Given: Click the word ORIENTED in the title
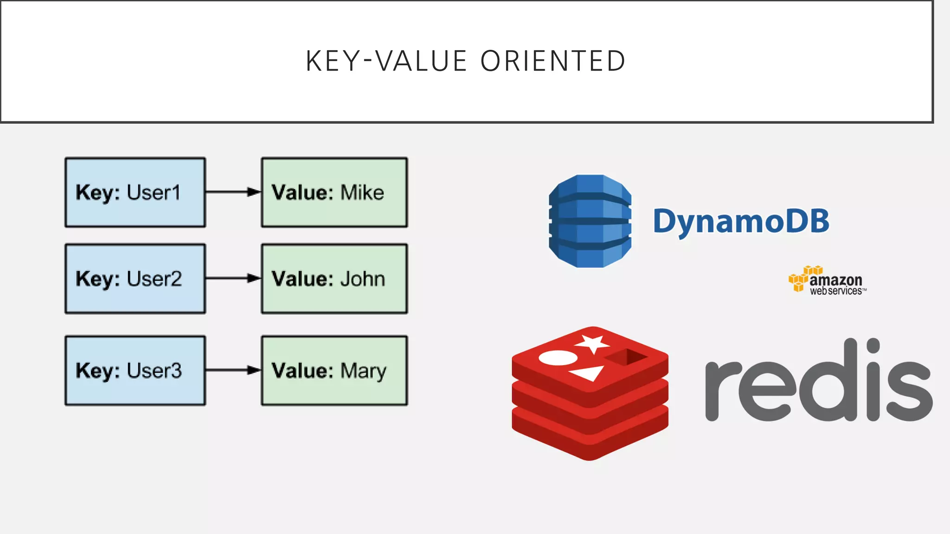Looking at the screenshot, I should (553, 61).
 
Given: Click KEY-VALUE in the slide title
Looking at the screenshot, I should (386, 61).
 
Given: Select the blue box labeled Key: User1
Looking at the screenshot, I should (135, 192).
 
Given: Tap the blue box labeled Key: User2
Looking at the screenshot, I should (135, 279).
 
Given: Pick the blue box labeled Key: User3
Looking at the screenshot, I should (135, 370).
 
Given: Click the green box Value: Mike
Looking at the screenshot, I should (334, 192).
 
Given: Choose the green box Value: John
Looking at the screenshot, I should (334, 279).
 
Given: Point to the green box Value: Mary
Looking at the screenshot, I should (334, 370).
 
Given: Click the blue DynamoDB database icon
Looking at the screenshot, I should (590, 221).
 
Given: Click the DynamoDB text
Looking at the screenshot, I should (741, 221).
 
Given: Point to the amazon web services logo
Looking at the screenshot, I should (828, 281).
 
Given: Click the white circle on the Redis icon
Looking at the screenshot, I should (558, 357).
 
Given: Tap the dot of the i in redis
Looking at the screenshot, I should (873, 345).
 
